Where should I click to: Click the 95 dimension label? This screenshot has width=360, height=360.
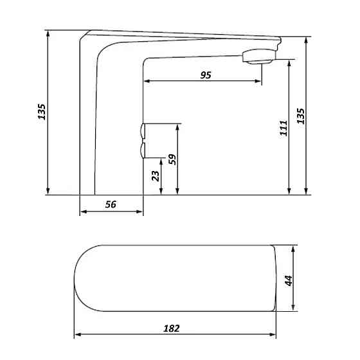click(x=205, y=75)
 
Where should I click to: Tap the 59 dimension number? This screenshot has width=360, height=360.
click(x=172, y=159)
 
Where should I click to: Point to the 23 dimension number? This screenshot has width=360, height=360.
click(x=155, y=176)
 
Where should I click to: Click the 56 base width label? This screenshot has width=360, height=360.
click(x=110, y=204)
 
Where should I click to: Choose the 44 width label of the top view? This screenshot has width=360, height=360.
click(x=289, y=280)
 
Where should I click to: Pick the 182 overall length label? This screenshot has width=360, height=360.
click(x=172, y=328)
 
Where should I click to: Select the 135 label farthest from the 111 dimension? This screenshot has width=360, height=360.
click(x=42, y=112)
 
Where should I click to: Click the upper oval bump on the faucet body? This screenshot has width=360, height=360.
click(x=141, y=133)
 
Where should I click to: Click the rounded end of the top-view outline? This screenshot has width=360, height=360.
click(x=75, y=279)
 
